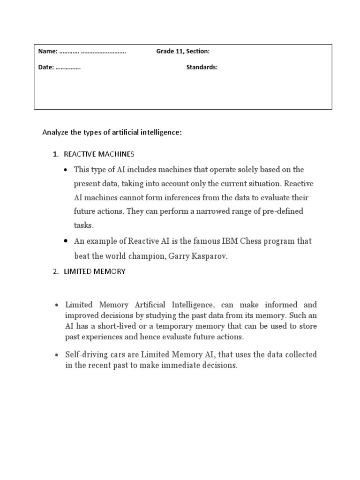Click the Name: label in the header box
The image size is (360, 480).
[x=48, y=52]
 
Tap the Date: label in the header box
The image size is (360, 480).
[x=46, y=67]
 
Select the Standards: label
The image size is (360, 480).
[x=202, y=67]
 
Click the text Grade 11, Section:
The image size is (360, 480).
[x=183, y=52]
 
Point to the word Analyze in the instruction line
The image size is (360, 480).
[x=55, y=133]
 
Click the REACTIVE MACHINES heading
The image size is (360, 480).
[x=99, y=154]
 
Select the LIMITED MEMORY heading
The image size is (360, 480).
[x=95, y=271]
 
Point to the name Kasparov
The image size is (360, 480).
[x=208, y=256]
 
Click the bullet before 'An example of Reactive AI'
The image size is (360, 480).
[x=66, y=241]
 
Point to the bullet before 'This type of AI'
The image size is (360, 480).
[x=66, y=170]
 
